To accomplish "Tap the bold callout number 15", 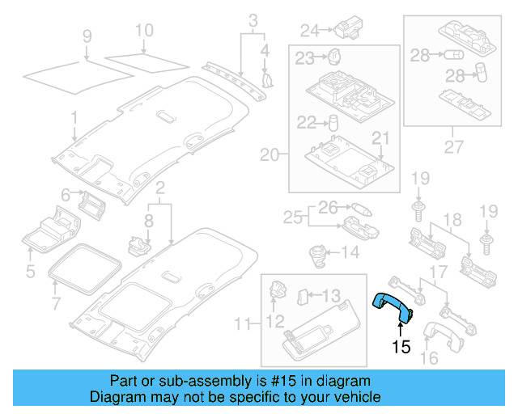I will [x=401, y=348].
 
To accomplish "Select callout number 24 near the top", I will [x=310, y=31].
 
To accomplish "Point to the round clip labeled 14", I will [x=317, y=252].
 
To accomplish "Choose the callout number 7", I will [x=55, y=305].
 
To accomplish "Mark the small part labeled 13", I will [x=304, y=296].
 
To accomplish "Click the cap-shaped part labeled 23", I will [x=334, y=57].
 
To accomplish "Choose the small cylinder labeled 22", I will [x=332, y=122].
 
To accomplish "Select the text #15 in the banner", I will [x=282, y=381].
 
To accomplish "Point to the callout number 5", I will [x=29, y=270].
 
